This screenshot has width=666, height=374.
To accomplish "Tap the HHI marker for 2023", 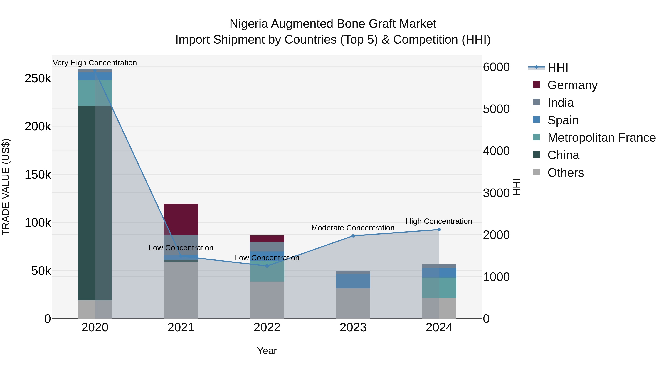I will pyautogui.click(x=353, y=236).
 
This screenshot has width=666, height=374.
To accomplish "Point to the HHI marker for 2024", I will pyautogui.click(x=439, y=229).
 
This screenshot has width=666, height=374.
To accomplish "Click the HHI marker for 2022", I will pyautogui.click(x=267, y=266).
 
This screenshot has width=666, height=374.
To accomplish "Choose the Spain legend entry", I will pyautogui.click(x=563, y=120).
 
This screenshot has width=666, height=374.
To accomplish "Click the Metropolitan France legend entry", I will pyautogui.click(x=601, y=138).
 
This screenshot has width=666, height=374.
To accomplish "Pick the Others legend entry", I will pyautogui.click(x=565, y=173).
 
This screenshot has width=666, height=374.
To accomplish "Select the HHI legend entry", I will pyautogui.click(x=558, y=68).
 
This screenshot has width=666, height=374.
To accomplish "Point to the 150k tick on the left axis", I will pyautogui.click(x=38, y=175).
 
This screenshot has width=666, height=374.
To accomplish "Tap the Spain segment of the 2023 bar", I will pyautogui.click(x=353, y=281).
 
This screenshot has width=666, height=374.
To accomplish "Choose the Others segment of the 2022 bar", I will pyautogui.click(x=267, y=300).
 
